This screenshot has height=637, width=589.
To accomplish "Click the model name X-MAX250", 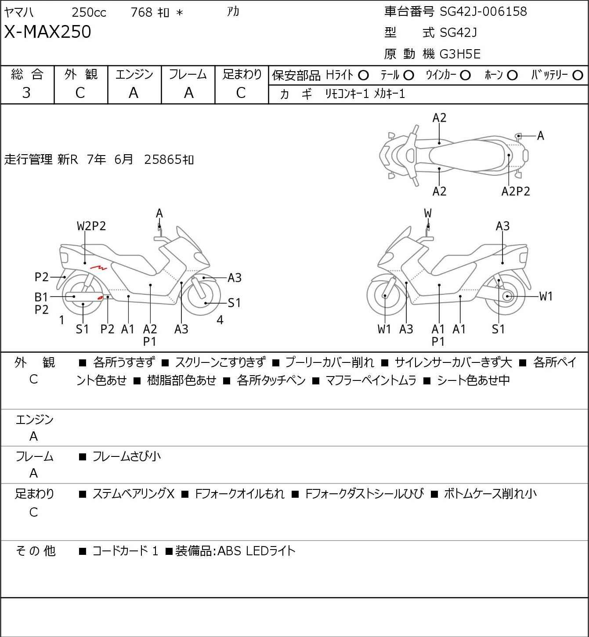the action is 47,32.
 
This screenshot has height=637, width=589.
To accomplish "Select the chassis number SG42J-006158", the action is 483,11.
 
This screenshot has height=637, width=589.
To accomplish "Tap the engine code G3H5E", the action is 460,54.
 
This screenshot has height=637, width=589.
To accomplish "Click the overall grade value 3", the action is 26,93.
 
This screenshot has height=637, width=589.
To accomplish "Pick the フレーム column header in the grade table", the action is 188,74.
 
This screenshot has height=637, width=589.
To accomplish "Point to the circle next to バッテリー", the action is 578,76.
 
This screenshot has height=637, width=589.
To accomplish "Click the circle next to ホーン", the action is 512,76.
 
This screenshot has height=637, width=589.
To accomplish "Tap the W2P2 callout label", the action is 91,226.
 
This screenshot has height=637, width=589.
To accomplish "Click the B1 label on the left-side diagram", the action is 41,297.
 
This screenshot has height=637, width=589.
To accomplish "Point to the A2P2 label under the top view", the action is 516,192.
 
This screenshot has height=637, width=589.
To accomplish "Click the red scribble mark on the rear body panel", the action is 98,267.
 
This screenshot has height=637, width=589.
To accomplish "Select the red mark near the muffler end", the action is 100,298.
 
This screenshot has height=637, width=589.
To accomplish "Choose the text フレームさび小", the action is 126,456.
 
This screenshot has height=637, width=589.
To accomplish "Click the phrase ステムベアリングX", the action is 134,494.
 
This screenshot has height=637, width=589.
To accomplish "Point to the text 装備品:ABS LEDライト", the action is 235,551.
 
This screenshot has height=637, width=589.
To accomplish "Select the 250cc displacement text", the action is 89,12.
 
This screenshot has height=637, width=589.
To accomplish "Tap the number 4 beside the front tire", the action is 220,320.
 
